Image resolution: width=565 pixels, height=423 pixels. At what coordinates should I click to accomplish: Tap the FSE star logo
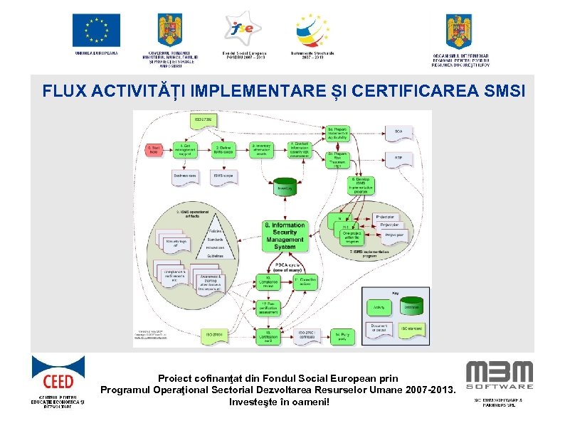[245, 28]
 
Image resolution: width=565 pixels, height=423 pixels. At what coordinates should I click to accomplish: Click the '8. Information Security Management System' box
[285, 235]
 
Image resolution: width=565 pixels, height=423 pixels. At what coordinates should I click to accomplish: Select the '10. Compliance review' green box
[263, 281]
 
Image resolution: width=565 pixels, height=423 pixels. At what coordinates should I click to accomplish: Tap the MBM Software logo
[499, 375]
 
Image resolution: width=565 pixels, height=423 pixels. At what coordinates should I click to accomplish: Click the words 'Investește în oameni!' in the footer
[280, 402]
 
